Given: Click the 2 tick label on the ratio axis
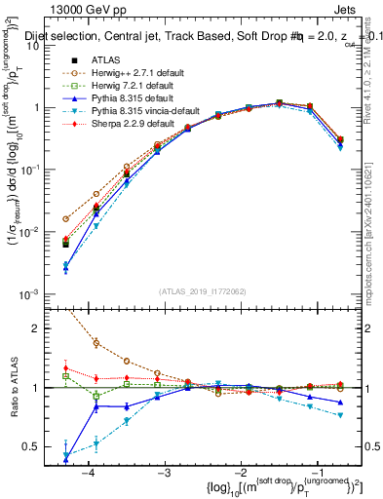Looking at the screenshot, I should click(x=37, y=328).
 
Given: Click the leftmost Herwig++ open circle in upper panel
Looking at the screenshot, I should click(x=65, y=219).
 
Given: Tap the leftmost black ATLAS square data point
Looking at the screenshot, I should click(x=65, y=244).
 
